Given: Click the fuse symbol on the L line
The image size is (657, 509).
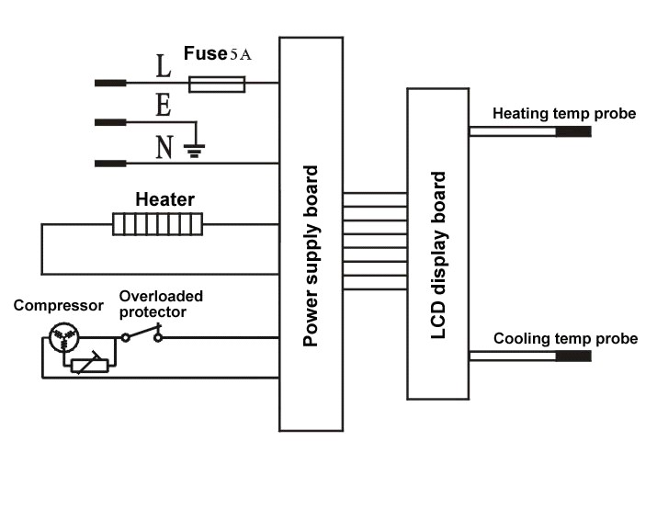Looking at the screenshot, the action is (x=217, y=85).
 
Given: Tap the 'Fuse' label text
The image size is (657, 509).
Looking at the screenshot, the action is (x=205, y=53).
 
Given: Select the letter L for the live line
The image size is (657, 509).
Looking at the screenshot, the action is (x=164, y=66).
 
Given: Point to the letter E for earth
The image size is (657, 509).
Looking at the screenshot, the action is (x=164, y=105).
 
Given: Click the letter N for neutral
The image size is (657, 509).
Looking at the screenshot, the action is (x=164, y=147).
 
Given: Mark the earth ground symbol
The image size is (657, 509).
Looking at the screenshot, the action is (x=194, y=150).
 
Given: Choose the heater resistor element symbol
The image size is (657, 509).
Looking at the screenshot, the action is (x=157, y=224).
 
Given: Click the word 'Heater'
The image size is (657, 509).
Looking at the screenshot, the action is (x=164, y=199).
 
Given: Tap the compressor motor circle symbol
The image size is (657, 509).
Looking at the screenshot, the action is (x=64, y=337).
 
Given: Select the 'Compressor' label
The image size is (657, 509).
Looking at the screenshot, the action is (x=58, y=305).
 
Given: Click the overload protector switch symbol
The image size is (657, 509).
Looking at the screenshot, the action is (x=142, y=334).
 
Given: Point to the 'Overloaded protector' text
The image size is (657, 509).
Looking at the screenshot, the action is (x=161, y=304).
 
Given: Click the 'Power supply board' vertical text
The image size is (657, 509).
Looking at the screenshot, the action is (x=311, y=256).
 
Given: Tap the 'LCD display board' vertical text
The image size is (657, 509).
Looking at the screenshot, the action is (x=438, y=255).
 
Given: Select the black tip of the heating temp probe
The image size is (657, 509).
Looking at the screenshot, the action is (x=573, y=131).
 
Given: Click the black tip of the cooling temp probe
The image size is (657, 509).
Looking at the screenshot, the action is (x=573, y=356).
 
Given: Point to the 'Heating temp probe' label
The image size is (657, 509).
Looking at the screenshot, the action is (x=564, y=114).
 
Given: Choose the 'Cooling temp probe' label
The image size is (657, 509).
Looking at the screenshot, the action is (x=565, y=338).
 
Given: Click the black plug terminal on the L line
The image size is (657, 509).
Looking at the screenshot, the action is (x=110, y=83).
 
